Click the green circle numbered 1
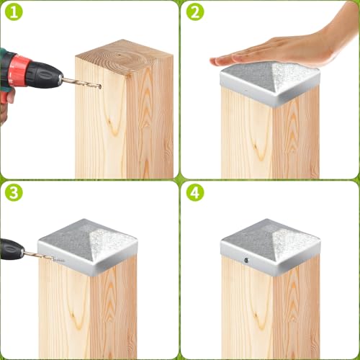[x=14, y=14]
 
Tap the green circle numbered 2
[x=194, y=14]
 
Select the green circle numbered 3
[x=14, y=194]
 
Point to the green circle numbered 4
[x=194, y=194]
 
